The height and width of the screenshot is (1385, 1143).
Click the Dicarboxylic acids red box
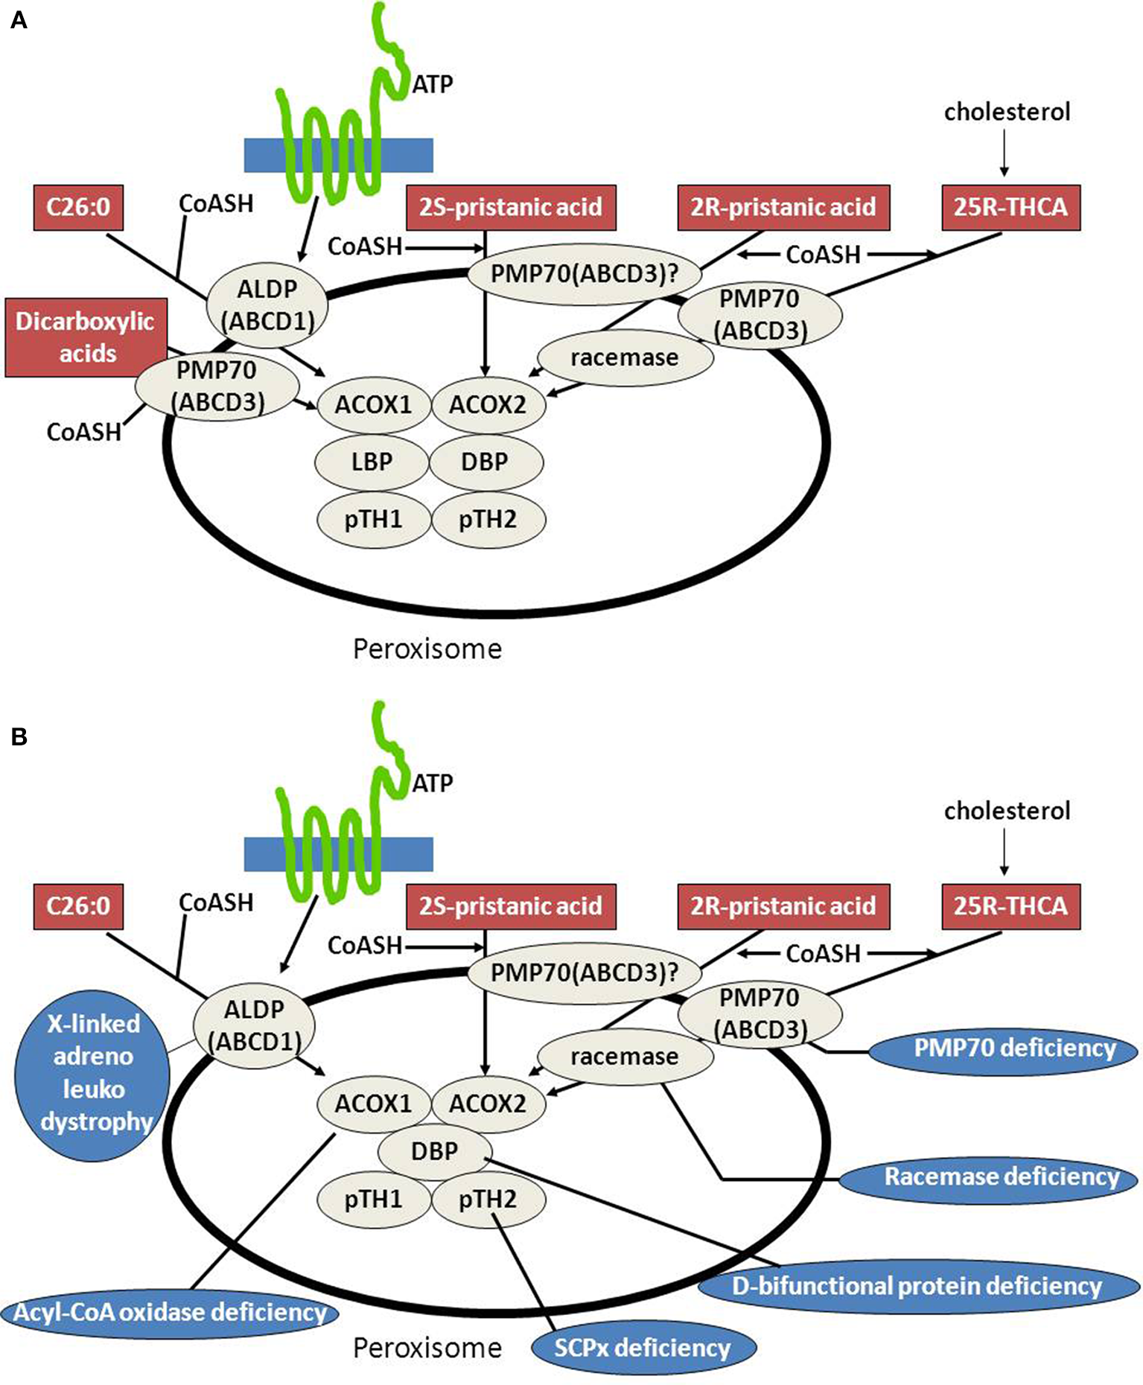(86, 337)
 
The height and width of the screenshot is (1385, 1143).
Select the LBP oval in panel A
(372, 462)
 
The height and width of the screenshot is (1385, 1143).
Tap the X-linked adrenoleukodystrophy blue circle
(92, 1074)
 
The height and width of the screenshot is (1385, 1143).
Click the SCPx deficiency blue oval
(643, 1347)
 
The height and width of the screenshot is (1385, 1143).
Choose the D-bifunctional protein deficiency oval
(917, 1286)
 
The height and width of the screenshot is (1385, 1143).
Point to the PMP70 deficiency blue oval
(1004, 1048)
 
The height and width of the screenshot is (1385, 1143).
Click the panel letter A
(19, 20)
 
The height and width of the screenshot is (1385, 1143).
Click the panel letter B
(19, 736)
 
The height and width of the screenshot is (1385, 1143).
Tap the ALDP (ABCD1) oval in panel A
(267, 305)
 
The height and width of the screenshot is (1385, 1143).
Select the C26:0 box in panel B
(78, 906)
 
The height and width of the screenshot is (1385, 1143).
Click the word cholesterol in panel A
(1007, 112)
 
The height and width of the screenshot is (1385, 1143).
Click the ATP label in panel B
(432, 783)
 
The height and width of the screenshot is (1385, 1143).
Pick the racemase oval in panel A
(624, 357)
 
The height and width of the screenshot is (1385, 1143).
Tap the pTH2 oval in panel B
(488, 1200)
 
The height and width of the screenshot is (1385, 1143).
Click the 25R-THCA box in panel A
(1010, 207)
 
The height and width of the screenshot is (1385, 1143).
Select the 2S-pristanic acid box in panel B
(511, 906)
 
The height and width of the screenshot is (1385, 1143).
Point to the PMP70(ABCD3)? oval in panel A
(585, 274)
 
